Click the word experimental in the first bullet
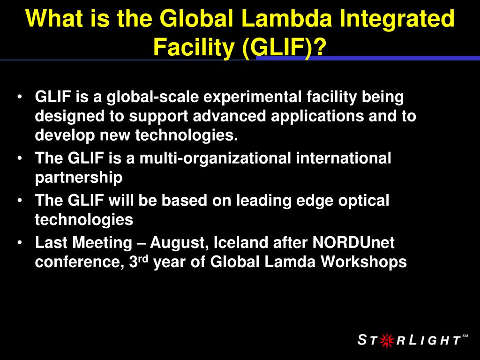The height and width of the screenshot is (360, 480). point(252,97)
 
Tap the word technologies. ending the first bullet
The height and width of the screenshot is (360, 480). point(187,135)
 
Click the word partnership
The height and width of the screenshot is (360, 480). point(79,178)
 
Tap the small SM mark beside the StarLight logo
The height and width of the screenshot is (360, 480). point(465,336)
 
